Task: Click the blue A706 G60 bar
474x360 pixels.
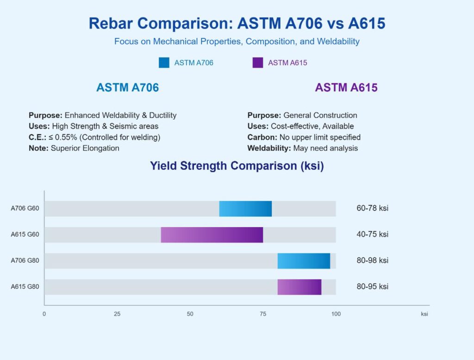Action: [x=245, y=208]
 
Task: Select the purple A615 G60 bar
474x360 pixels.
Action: [x=212, y=234]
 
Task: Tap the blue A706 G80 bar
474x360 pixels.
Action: [x=304, y=261]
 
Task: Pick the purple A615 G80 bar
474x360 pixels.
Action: [x=299, y=287]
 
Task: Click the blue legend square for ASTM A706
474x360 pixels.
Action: [x=164, y=63]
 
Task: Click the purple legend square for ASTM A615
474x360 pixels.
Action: [x=258, y=63]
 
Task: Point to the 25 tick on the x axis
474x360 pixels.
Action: [x=117, y=314]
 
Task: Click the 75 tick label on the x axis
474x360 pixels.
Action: [x=263, y=314]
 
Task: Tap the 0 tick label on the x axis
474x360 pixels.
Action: [x=44, y=314]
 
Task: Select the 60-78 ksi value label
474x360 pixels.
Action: [x=372, y=208]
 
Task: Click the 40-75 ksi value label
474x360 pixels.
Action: [x=372, y=234]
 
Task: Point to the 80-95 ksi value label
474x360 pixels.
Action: [x=372, y=287]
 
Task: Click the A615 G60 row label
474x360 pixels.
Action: [x=25, y=234]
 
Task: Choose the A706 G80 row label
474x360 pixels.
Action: [x=25, y=261]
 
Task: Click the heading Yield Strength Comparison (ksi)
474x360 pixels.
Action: [x=237, y=166]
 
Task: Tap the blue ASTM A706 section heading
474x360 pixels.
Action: [x=127, y=88]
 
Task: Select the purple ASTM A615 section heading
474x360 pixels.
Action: [x=346, y=88]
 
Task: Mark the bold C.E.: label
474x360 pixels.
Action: [x=38, y=137]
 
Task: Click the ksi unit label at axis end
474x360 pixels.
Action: [x=424, y=314]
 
